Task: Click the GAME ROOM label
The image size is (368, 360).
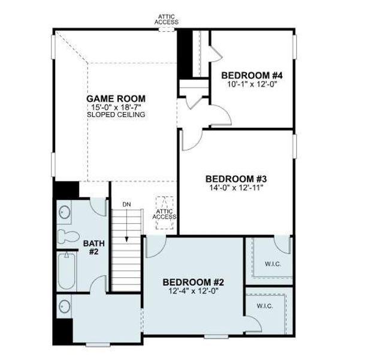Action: click(116, 98)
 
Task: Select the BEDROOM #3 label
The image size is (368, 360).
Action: click(236, 178)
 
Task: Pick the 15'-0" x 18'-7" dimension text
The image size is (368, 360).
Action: click(116, 107)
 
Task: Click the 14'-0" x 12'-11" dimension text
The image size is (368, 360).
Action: click(236, 187)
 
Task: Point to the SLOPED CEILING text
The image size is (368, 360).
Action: click(116, 114)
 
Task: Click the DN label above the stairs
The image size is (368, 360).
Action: click(126, 205)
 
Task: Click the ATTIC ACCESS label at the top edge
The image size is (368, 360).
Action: click(167, 19)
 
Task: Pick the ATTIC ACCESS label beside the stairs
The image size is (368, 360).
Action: click(164, 214)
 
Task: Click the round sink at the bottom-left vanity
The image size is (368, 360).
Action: click(64, 307)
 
